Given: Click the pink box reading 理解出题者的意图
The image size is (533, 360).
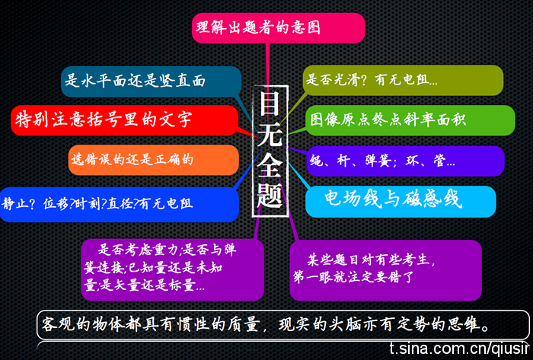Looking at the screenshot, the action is tap(279, 28).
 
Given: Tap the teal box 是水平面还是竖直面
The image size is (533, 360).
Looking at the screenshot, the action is tap(151, 81).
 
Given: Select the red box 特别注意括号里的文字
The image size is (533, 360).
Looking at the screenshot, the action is tap(124, 120).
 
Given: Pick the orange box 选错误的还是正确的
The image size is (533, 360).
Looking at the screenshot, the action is tap(154, 160).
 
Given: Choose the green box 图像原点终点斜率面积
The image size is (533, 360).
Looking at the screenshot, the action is tap(410, 120).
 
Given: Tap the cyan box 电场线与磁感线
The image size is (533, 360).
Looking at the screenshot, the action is tap(401, 202).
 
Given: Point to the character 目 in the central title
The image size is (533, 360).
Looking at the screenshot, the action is tap(270, 104).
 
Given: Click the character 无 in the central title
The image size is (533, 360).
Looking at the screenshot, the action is tap(270, 134).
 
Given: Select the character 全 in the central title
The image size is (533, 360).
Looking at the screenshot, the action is tap(270, 164).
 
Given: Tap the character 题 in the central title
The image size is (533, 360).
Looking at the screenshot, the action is tap(270, 195).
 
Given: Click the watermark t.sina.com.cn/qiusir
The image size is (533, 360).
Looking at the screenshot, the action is tap(460, 348).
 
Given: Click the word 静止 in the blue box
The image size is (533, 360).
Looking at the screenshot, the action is tap(14, 203).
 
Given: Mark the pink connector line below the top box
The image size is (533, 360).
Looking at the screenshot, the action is tap(268, 65).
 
